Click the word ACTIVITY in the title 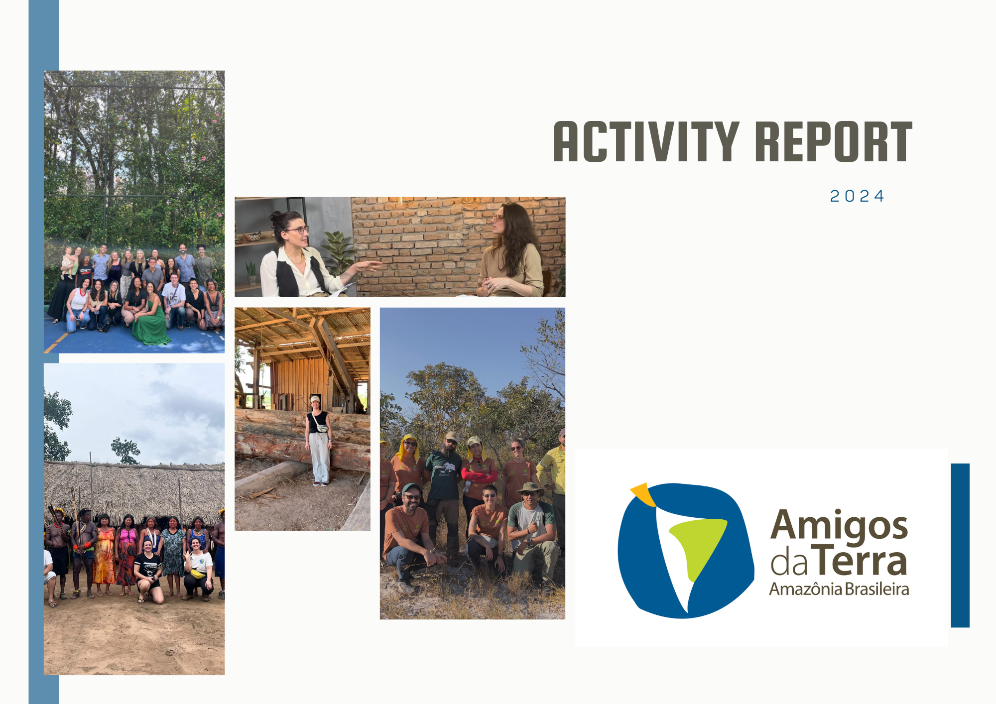pos(646,142)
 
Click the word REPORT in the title pos(834,142)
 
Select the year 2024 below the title pos(857,196)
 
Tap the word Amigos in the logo pos(839,526)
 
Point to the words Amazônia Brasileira pos(839,589)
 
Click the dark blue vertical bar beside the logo pos(960,545)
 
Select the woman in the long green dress pos(150,316)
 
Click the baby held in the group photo pos(67,262)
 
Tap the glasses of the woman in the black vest pos(297,230)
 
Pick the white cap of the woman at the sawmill pos(315,399)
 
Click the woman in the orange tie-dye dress pos(104,555)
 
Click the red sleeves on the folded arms pos(479,476)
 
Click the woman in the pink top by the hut pos(127,554)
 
